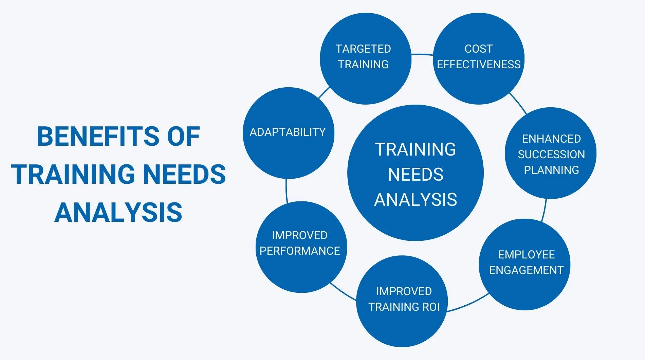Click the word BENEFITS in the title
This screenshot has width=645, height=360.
(x=98, y=137)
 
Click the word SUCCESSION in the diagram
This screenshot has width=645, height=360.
(x=551, y=155)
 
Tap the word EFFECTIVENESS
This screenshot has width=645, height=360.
(x=479, y=65)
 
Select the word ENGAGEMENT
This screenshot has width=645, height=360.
(x=526, y=270)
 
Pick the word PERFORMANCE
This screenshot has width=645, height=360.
(x=300, y=251)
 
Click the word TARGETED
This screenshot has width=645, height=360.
(x=363, y=49)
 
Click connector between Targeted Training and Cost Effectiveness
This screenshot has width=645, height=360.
(x=422, y=54)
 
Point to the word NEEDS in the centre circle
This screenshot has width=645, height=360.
(x=416, y=175)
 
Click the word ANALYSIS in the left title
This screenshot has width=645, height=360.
(x=118, y=213)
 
